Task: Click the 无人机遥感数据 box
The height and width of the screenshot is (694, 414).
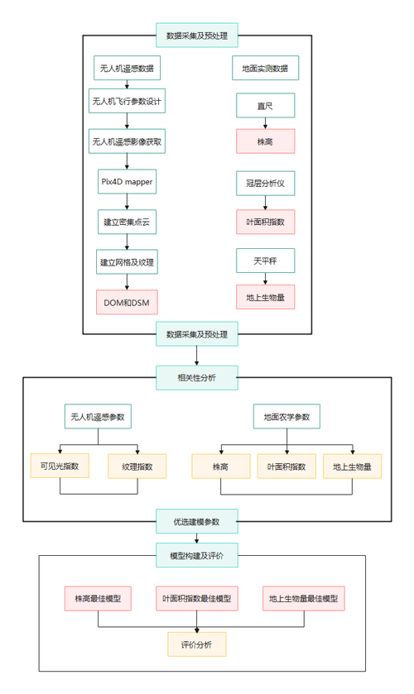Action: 127,68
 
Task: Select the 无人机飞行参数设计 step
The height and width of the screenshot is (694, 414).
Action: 127,103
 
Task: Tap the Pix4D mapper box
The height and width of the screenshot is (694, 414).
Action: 127,181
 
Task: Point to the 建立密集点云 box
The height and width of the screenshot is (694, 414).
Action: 127,222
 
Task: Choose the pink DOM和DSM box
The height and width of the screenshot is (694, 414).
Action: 127,302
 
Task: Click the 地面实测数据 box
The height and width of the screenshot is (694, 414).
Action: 265,68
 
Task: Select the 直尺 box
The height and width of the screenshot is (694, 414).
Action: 265,105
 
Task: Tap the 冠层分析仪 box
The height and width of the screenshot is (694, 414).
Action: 265,183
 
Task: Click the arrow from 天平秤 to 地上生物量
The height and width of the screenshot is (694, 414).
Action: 265,279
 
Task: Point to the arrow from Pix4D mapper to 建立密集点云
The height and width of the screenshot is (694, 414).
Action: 127,201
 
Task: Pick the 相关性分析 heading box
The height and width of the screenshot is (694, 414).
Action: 196,378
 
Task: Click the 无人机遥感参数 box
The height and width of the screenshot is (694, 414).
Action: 98,417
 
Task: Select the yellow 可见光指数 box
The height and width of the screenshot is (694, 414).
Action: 59,467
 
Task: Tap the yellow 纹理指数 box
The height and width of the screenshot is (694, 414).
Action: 137,467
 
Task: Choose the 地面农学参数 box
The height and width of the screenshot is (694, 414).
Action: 286,417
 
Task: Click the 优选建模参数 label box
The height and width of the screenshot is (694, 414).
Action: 196,521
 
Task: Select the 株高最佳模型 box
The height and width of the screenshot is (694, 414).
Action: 98,598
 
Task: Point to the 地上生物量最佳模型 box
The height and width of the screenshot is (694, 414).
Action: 303,598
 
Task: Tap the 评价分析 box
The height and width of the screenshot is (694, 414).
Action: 196,644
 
